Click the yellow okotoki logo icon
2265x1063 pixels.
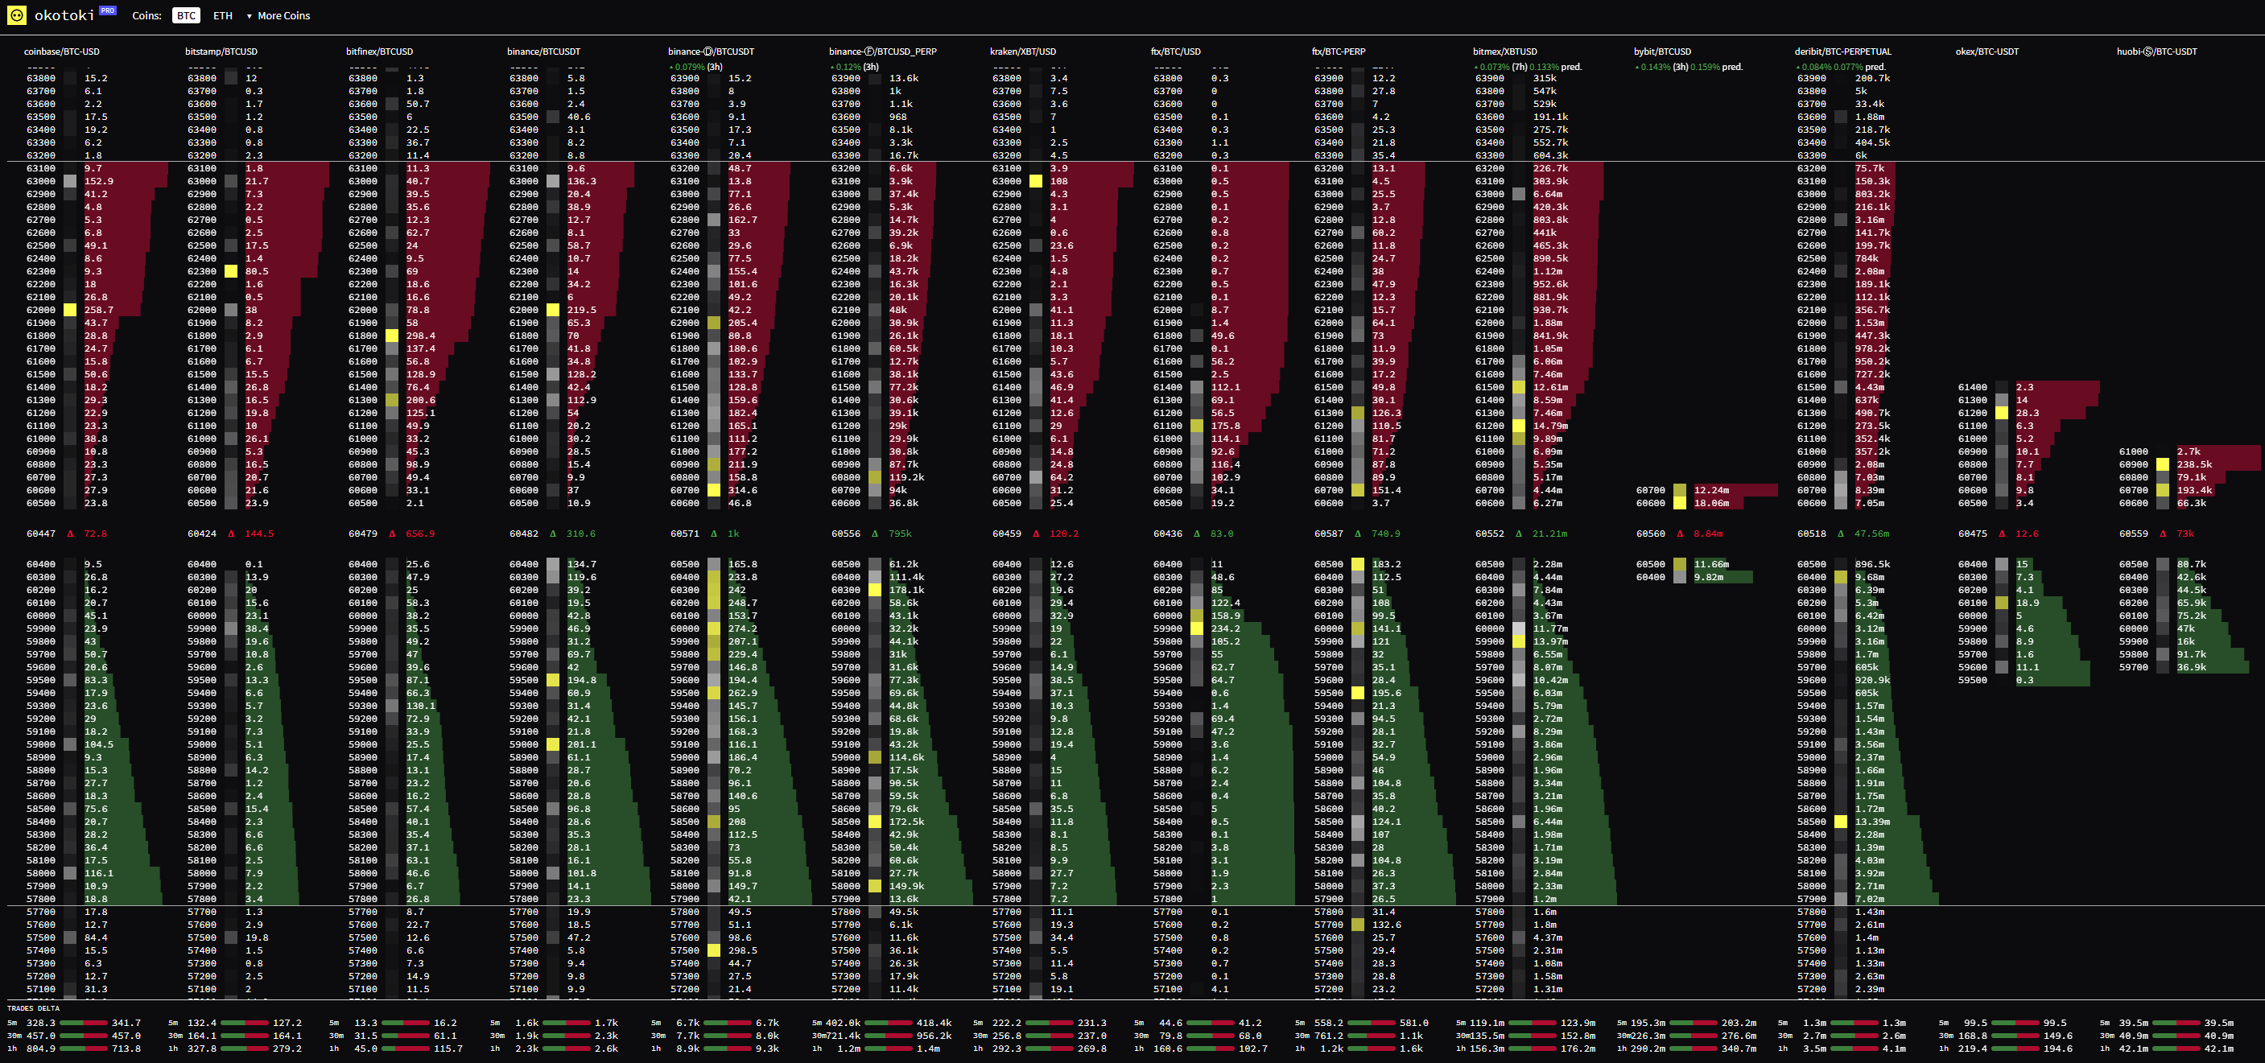click(x=16, y=15)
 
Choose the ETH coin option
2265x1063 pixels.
click(x=222, y=16)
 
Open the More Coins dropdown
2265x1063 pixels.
click(x=278, y=16)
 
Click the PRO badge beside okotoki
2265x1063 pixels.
click(x=107, y=10)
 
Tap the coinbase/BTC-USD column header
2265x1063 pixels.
click(x=61, y=52)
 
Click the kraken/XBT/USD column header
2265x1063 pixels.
click(x=1022, y=52)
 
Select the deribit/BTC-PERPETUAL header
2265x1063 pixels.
click(x=1842, y=52)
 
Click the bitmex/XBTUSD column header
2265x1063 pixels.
click(x=1504, y=52)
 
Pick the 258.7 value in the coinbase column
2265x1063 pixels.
click(x=98, y=311)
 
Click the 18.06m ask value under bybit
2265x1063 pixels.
click(x=1711, y=504)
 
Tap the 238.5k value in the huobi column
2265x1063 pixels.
click(x=2194, y=465)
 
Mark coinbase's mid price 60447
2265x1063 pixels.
click(x=40, y=534)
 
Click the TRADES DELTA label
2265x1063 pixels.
click(x=32, y=1008)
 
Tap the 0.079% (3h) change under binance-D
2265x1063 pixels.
click(x=695, y=67)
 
